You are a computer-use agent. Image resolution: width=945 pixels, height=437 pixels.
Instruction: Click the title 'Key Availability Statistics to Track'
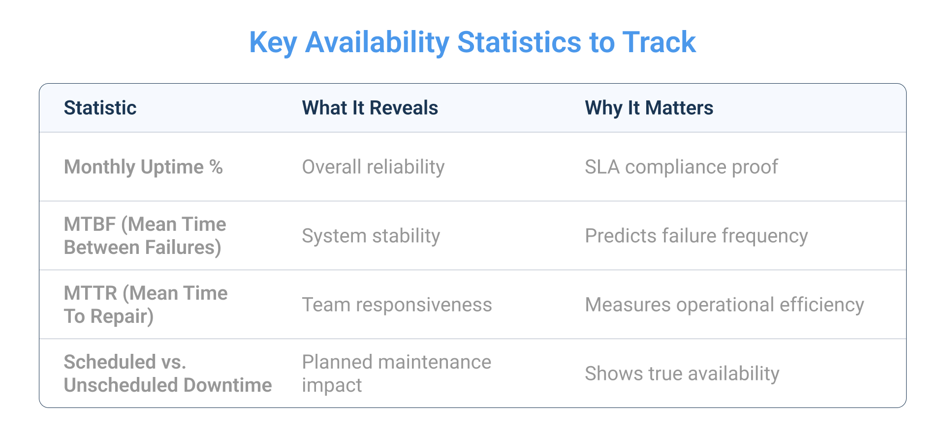[x=472, y=42]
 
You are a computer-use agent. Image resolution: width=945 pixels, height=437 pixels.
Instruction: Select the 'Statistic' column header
[x=100, y=108]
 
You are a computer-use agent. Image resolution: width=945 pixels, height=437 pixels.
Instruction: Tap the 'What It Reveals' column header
[x=370, y=108]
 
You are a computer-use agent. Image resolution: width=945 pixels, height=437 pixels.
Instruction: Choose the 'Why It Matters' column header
[x=649, y=108]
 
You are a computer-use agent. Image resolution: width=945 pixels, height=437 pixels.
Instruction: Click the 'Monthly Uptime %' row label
[x=143, y=167]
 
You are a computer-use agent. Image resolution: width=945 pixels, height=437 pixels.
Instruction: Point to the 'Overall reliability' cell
[x=373, y=167]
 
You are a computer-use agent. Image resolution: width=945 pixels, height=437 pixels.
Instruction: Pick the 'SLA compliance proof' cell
[x=681, y=167]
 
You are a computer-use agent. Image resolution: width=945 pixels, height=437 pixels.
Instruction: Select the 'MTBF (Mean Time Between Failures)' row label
[x=145, y=236]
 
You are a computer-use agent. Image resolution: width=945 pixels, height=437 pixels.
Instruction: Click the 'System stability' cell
[x=371, y=236]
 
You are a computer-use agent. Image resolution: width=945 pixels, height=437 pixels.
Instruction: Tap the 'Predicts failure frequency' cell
[x=696, y=236]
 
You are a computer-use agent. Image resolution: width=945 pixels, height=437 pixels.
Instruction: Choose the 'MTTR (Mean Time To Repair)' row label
[x=145, y=305]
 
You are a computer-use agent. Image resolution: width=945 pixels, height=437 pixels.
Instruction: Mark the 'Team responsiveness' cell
[x=397, y=305]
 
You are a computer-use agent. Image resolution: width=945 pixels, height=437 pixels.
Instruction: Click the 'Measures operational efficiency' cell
[x=724, y=305]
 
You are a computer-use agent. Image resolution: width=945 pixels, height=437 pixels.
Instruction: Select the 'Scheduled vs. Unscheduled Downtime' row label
[x=167, y=374]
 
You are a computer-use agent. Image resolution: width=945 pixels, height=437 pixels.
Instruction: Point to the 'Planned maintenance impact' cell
[x=396, y=374]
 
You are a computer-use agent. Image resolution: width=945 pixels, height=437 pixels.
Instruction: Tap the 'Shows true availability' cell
[x=682, y=374]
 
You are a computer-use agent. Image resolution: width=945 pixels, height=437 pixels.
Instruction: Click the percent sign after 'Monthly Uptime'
[x=216, y=167]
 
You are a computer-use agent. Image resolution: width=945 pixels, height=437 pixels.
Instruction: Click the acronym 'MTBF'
[x=90, y=224]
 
